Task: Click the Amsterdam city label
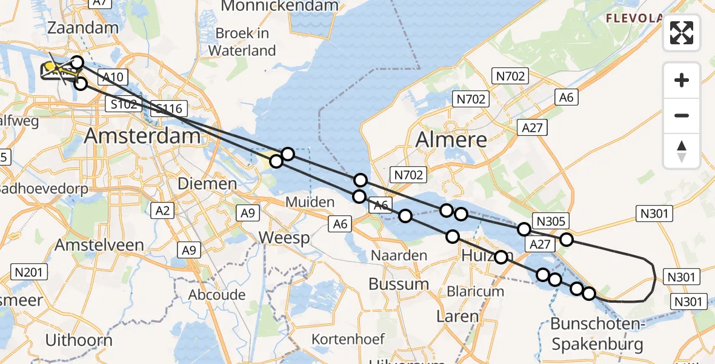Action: (x=142, y=135)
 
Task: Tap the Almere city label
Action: (x=451, y=140)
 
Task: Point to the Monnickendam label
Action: (x=279, y=6)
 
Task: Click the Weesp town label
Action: (x=284, y=238)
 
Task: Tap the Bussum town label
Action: (x=399, y=284)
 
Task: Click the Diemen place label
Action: (x=207, y=184)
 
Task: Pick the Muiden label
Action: (x=311, y=202)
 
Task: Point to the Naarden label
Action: (x=399, y=255)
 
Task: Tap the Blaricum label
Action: (x=475, y=291)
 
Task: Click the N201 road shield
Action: (x=29, y=272)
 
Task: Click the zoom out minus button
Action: (x=682, y=115)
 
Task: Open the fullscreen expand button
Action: (x=682, y=33)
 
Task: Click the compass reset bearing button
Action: (x=682, y=150)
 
